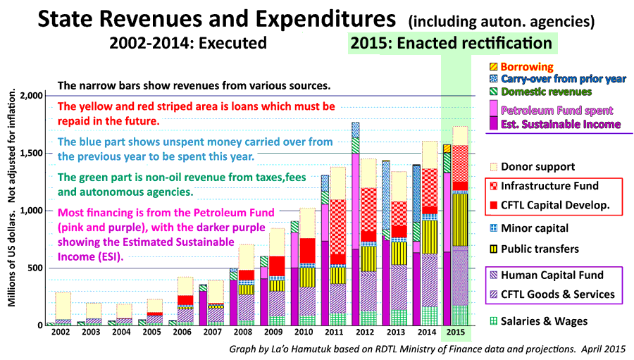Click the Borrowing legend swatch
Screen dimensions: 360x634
(x=494, y=67)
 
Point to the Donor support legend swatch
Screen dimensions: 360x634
(x=494, y=167)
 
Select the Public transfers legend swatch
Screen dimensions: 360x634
(x=494, y=249)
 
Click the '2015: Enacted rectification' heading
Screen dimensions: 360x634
(x=451, y=43)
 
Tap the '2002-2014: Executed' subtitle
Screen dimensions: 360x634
(x=188, y=43)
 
